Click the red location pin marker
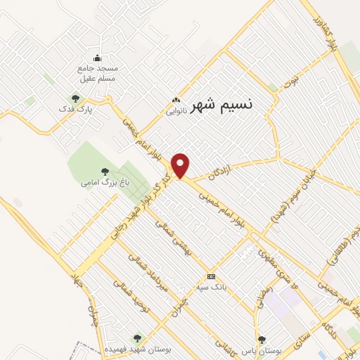[x=181, y=165]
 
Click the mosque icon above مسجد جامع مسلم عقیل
[x=97, y=58]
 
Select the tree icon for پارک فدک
[x=75, y=98]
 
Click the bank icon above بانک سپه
[x=211, y=276]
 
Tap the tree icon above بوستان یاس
[x=262, y=340]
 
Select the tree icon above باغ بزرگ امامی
[x=105, y=171]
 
